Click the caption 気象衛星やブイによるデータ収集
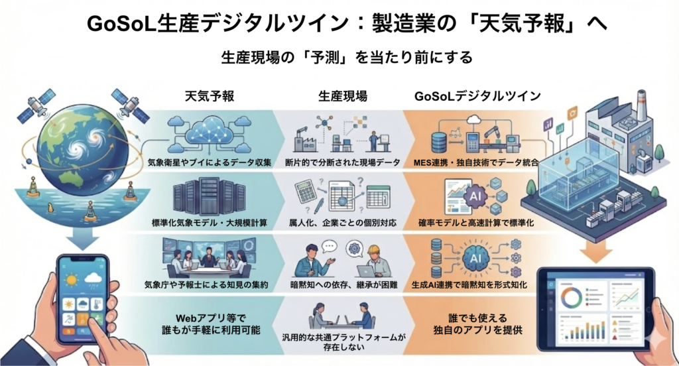coord(209,162)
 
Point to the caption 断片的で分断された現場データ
coord(341,162)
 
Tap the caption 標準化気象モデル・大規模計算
coord(209,223)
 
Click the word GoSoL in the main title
coord(119,24)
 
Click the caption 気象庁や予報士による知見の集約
coord(209,285)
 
